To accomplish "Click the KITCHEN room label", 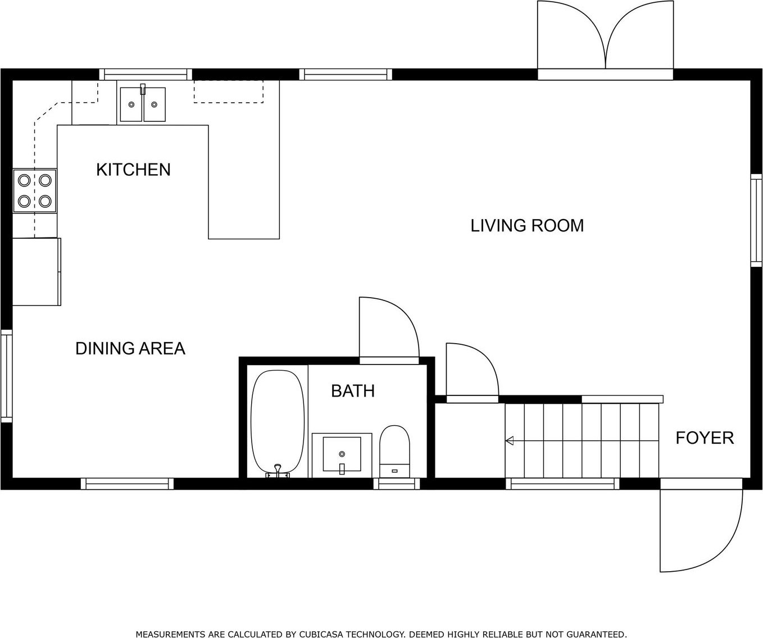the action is click(x=133, y=170).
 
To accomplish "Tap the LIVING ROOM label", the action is click(x=527, y=226).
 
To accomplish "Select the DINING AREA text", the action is click(x=130, y=348).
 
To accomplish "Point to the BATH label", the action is click(x=353, y=391).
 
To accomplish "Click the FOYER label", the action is click(x=705, y=438).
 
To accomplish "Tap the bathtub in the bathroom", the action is click(x=278, y=423).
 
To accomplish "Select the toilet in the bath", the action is click(x=394, y=452).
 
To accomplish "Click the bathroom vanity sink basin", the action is click(x=342, y=454).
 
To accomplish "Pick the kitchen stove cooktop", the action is click(x=35, y=190).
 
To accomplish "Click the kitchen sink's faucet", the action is click(x=143, y=89).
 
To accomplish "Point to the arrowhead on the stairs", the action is click(x=510, y=441).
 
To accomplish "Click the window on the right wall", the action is click(x=756, y=221).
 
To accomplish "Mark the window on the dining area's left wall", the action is click(x=6, y=376).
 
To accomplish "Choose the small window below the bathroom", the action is click(x=397, y=484).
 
